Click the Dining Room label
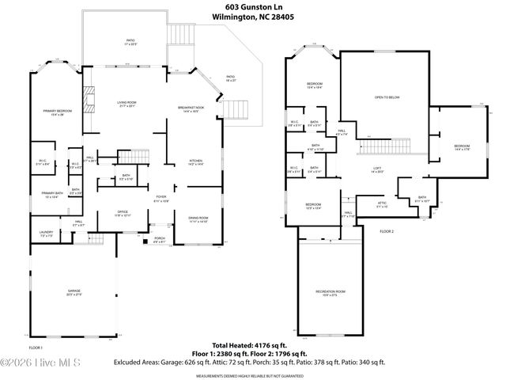point(198,218)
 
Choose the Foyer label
point(160,198)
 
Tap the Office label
point(123,213)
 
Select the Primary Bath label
point(51,195)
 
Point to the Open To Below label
point(387,97)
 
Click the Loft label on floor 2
point(378,169)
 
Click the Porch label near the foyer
point(159,239)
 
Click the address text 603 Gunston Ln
point(253,6)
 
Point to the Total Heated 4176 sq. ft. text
point(253,345)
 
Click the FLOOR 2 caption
point(386,231)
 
